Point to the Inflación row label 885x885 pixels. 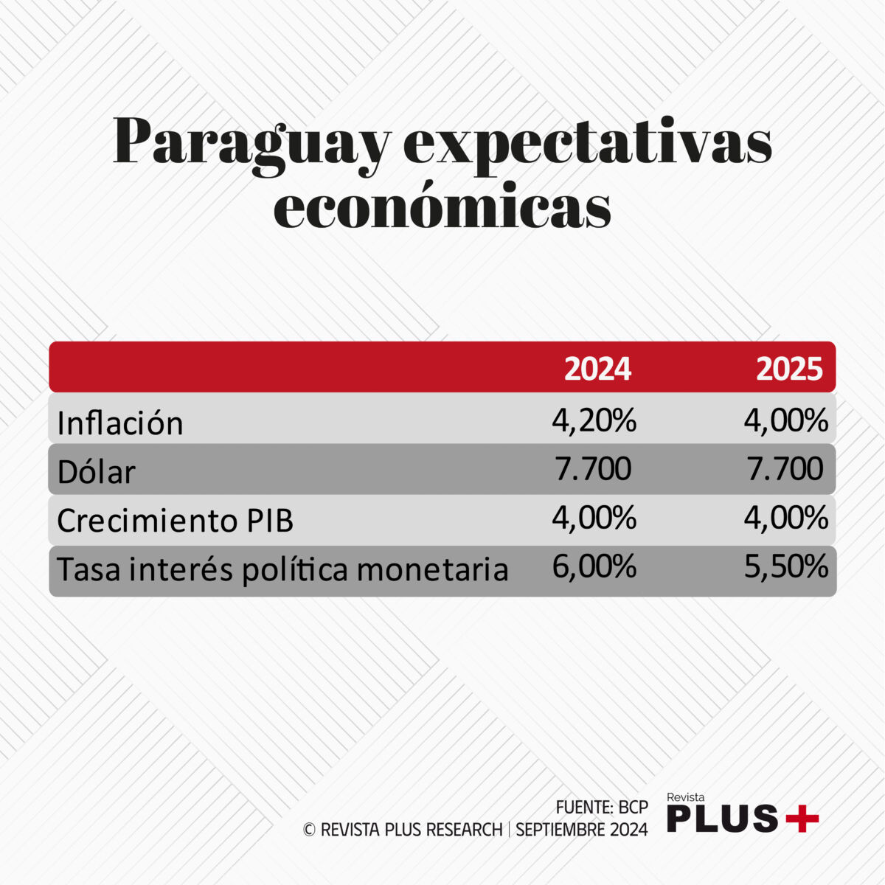pyautogui.click(x=120, y=423)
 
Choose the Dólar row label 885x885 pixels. pyautogui.click(x=97, y=473)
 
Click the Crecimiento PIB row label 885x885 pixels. pyautogui.click(x=175, y=521)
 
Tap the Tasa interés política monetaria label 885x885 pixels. pyautogui.click(x=282, y=569)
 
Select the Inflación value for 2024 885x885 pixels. pyautogui.click(x=594, y=421)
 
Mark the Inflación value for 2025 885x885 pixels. pyautogui.click(x=786, y=421)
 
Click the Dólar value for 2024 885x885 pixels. pyautogui.click(x=593, y=469)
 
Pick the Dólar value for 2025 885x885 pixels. pyautogui.click(x=785, y=469)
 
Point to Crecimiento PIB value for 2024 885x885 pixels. pyautogui.click(x=594, y=518)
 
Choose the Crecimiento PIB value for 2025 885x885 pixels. pyautogui.click(x=786, y=518)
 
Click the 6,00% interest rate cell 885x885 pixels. pyautogui.click(x=594, y=566)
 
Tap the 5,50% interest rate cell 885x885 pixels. pyautogui.click(x=786, y=566)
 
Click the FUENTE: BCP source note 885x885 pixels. pyautogui.click(x=602, y=807)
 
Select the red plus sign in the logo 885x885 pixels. pyautogui.click(x=802, y=818)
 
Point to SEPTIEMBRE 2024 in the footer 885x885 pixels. pyautogui.click(x=581, y=830)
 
